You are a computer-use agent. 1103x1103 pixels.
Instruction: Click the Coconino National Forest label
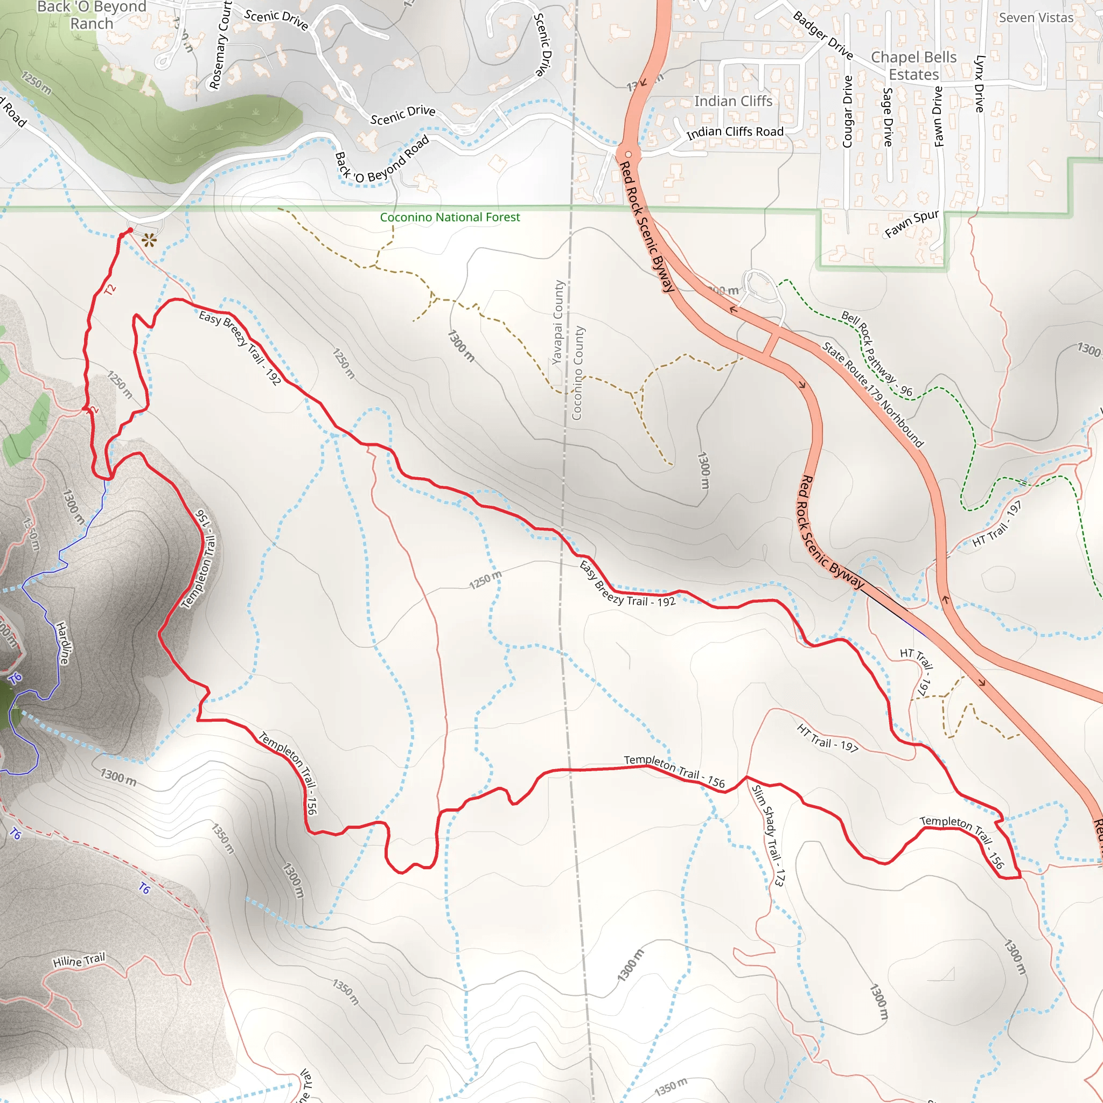450,217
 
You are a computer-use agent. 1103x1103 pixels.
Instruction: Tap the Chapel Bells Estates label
913,66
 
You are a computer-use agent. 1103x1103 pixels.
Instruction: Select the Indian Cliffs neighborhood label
733,101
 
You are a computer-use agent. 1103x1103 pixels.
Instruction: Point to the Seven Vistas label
1036,18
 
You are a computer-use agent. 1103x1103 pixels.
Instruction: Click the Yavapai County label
558,322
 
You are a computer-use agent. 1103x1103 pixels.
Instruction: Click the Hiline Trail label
79,960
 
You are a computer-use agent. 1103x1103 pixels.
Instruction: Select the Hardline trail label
64,643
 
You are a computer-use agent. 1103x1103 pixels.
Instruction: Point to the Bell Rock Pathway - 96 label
877,354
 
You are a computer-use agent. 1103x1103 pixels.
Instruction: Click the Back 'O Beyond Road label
381,160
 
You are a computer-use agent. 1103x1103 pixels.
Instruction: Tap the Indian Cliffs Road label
735,132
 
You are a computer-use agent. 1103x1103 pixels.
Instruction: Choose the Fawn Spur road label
912,223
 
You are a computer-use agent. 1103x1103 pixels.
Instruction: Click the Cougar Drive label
847,112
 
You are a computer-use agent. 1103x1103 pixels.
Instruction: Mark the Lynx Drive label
980,83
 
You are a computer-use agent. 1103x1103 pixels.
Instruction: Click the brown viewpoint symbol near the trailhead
149,240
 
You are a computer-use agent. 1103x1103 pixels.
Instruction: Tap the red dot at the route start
130,230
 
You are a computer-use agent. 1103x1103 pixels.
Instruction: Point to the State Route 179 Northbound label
872,394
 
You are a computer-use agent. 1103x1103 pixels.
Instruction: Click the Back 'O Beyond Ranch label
92,16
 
